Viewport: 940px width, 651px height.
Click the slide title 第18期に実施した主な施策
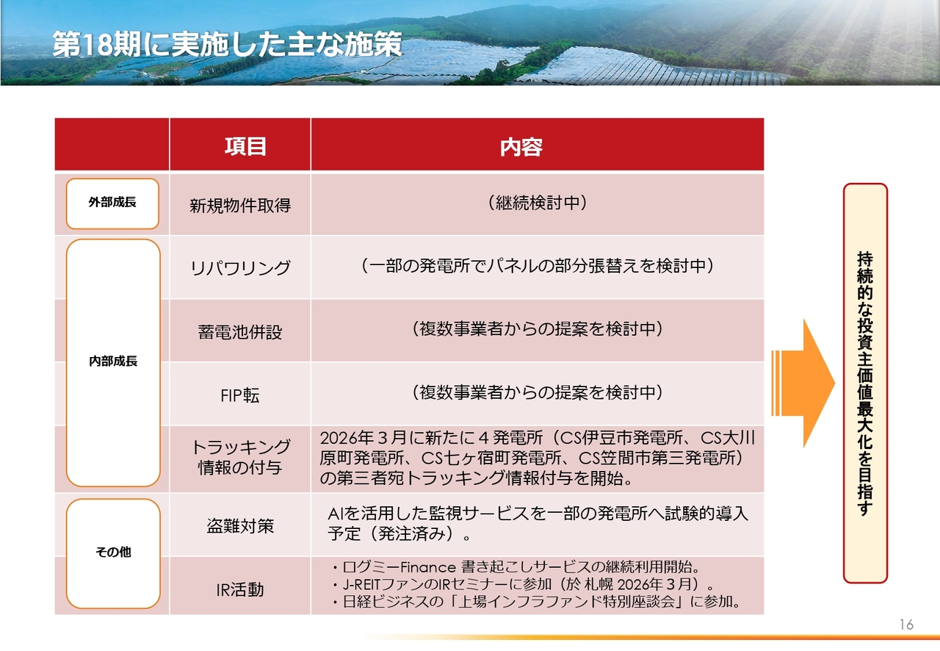tap(227, 45)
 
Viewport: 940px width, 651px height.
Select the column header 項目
tap(245, 146)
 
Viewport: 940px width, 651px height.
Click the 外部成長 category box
tap(112, 204)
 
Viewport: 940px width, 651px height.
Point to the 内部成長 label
tap(113, 361)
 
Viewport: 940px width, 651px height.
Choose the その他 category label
tap(113, 552)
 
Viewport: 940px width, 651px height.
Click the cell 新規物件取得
tap(240, 206)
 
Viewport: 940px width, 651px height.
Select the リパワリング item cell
tap(240, 267)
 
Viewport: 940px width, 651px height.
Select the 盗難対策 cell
tap(240, 526)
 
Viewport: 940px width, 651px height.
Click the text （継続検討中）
tap(537, 203)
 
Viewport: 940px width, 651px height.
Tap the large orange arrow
tap(803, 383)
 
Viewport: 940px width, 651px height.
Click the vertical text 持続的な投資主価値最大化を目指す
tap(865, 384)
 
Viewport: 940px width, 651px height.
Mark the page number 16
tap(906, 625)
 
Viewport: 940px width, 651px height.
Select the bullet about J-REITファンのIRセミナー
tap(522, 584)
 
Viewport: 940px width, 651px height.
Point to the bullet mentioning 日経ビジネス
tap(536, 602)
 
